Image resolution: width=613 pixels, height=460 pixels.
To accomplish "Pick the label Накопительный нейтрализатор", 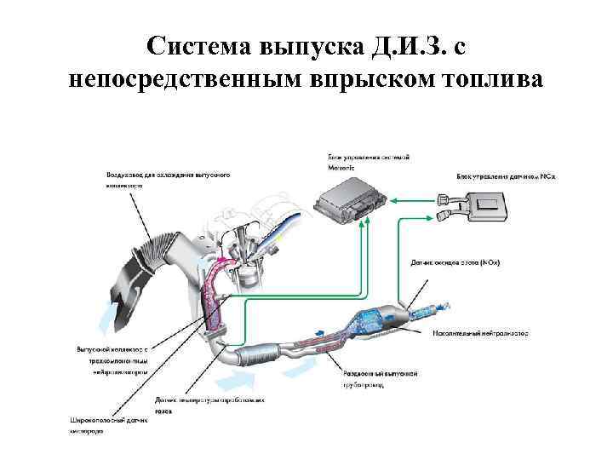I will point(480,333).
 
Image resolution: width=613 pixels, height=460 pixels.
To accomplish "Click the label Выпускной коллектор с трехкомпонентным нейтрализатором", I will point(112,360).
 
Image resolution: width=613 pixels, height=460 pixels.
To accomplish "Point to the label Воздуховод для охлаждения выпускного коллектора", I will point(167,180).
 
